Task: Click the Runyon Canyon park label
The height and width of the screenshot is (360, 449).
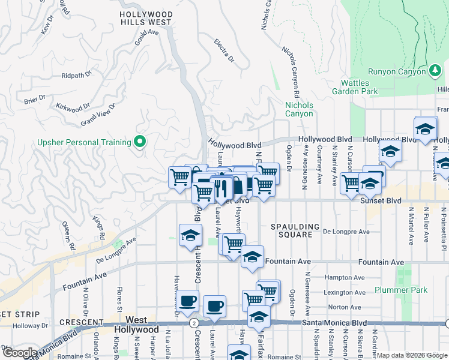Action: click(400, 72)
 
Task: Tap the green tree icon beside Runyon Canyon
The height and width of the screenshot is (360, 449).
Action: click(435, 72)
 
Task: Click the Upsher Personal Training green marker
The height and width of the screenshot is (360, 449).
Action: click(140, 142)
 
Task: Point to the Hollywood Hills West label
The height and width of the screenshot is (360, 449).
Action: click(146, 17)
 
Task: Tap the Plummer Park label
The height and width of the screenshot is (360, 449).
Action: click(401, 290)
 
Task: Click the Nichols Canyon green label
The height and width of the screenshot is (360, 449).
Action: click(298, 109)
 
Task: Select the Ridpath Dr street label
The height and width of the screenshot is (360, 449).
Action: click(76, 76)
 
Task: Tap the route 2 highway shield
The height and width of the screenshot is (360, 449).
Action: click(194, 323)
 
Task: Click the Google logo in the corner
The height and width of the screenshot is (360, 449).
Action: click(20, 352)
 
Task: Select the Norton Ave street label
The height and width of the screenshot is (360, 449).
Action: click(345, 307)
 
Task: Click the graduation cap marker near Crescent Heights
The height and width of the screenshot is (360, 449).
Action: click(190, 235)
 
